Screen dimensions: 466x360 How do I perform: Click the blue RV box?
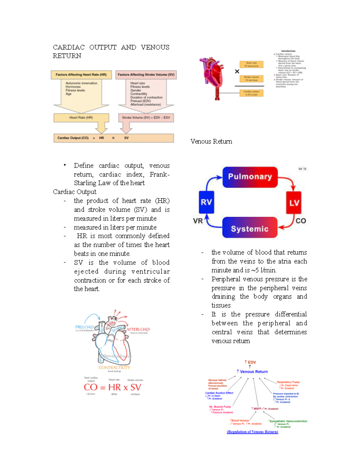pos(206,202)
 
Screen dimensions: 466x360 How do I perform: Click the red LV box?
pos(293,203)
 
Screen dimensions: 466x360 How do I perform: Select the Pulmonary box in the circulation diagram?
pos(250,177)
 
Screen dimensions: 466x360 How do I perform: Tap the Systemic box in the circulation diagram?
pos(250,229)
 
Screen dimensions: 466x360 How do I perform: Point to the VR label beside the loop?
pos(198,221)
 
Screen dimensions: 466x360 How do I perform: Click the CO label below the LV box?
pos(301,221)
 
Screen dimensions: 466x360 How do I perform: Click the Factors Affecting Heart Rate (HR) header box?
pos(81,75)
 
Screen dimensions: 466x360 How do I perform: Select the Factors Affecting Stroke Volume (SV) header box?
pos(146,75)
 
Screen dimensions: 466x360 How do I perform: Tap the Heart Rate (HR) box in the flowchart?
pos(81,118)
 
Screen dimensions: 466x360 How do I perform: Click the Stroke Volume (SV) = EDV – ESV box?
pos(146,118)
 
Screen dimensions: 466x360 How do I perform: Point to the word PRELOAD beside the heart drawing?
pos(84,327)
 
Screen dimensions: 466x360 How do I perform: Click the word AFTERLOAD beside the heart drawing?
pos(138,329)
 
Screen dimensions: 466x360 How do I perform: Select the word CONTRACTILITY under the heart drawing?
pos(114,368)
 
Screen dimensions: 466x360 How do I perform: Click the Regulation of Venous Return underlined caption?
pos(252,432)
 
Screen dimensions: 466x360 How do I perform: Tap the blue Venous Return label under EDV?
pos(253,371)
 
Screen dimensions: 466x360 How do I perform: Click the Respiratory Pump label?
pos(288,382)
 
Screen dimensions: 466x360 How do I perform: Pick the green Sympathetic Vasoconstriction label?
pos(288,421)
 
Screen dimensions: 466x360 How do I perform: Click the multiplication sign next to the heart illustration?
pos(237,71)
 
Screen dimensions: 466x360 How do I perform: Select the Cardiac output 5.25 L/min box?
pos(251,93)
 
